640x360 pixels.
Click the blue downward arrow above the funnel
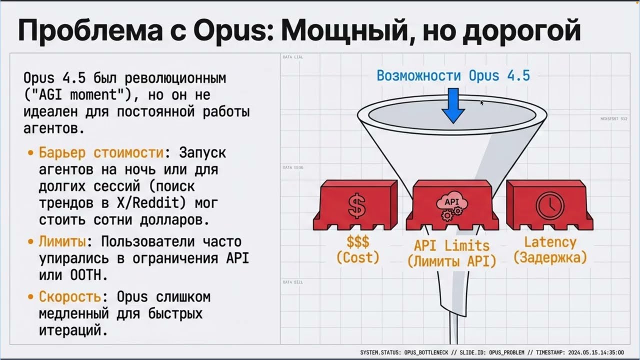453,105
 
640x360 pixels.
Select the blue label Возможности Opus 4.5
453,76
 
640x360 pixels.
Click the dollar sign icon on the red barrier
356,204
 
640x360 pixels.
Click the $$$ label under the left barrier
357,242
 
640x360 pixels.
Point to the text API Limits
452,245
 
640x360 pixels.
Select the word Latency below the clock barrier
550,242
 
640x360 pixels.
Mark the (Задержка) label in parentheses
550,258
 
